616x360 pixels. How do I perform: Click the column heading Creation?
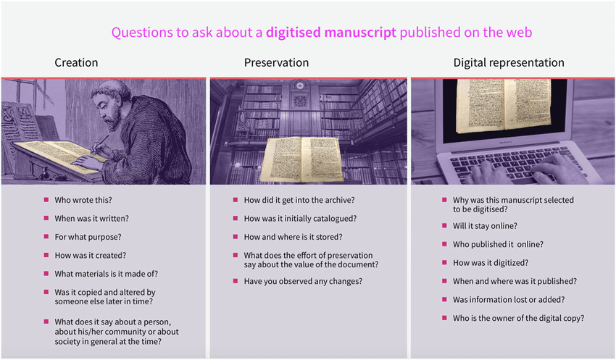[76, 62]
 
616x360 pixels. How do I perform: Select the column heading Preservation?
[276, 62]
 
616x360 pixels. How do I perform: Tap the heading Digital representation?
[509, 63]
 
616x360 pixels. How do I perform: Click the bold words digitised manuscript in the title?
[330, 32]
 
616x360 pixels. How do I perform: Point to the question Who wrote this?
[83, 200]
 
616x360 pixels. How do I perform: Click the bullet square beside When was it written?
[46, 218]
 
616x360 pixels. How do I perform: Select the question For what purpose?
[88, 237]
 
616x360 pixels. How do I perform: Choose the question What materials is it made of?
[106, 274]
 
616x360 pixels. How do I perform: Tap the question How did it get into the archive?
[299, 200]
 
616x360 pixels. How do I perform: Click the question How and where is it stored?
[293, 237]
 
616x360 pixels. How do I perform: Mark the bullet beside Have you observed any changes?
[236, 281]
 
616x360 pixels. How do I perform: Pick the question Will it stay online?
[485, 226]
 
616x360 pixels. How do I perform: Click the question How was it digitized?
[491, 263]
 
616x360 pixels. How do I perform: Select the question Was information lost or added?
[509, 300]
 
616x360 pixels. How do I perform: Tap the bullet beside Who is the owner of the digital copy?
[444, 317]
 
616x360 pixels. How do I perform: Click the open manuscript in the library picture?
[301, 159]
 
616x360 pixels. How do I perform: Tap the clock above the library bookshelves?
[300, 85]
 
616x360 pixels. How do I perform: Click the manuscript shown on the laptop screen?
[504, 105]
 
